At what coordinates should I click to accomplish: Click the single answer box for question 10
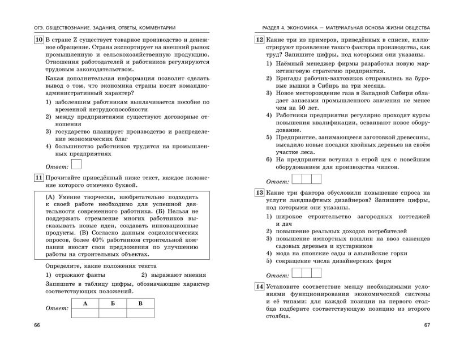click(77, 165)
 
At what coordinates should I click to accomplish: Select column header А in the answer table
click(84, 303)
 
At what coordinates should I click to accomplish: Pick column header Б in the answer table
click(113, 303)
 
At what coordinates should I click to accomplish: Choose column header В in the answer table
click(141, 303)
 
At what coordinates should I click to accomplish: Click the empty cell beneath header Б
click(113, 312)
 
